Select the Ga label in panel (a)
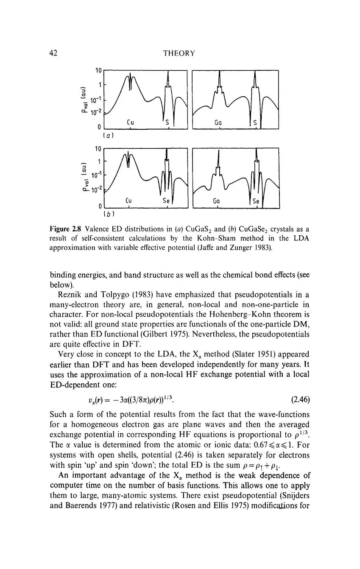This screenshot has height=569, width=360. (218, 123)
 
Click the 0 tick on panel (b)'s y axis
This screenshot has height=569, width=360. (100, 206)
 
